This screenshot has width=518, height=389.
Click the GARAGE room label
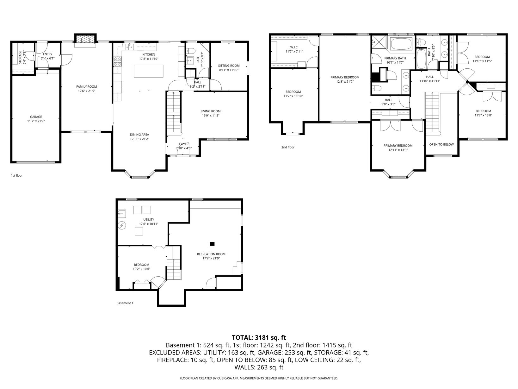coord(36,117)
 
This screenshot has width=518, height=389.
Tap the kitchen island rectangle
coord(148,71)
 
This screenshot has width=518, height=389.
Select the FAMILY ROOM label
coord(86,86)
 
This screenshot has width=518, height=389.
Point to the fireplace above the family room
coord(85,39)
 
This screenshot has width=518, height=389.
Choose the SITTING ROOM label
coord(229,66)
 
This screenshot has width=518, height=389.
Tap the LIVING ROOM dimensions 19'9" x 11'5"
coord(211,116)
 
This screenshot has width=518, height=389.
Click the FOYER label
coord(184,144)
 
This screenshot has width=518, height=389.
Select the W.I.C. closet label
coord(294,47)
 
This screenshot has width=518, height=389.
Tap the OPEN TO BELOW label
coord(441,145)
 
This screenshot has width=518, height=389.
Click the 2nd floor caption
coord(288,147)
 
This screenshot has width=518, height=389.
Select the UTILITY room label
coord(149,219)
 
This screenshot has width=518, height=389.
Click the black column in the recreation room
coord(212,244)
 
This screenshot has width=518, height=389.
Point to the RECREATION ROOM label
coord(211,254)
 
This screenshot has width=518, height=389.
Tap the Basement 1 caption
coord(125,303)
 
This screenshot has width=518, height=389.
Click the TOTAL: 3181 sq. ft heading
coord(259,337)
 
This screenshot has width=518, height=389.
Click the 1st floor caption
coord(17,175)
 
